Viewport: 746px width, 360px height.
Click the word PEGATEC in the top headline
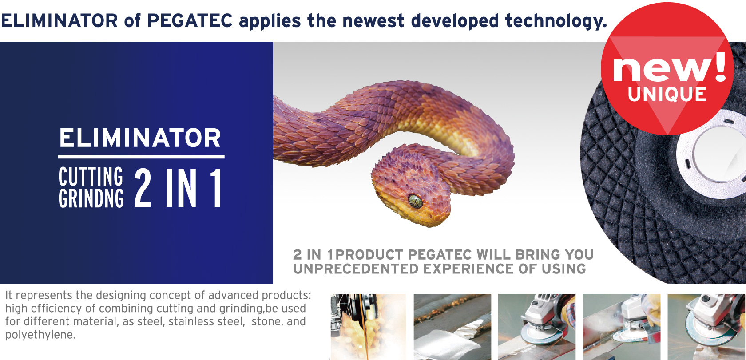[x=190, y=21]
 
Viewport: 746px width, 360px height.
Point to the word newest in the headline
[x=373, y=21]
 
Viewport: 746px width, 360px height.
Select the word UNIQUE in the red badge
[x=667, y=94]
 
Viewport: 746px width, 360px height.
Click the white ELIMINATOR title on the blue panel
[x=140, y=138]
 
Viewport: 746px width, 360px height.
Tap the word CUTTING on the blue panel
[x=91, y=176]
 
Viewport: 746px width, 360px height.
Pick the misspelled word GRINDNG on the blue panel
[x=91, y=198]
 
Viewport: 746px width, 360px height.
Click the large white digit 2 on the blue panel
[x=143, y=187]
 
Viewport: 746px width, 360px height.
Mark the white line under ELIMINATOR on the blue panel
[x=141, y=157]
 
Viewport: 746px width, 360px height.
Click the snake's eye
[x=415, y=201]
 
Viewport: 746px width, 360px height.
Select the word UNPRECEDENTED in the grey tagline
[x=356, y=269]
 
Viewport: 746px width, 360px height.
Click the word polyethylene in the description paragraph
[x=40, y=335]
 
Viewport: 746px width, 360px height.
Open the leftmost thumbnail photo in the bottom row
[x=369, y=327]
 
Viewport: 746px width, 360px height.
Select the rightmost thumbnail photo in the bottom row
[x=707, y=327]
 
